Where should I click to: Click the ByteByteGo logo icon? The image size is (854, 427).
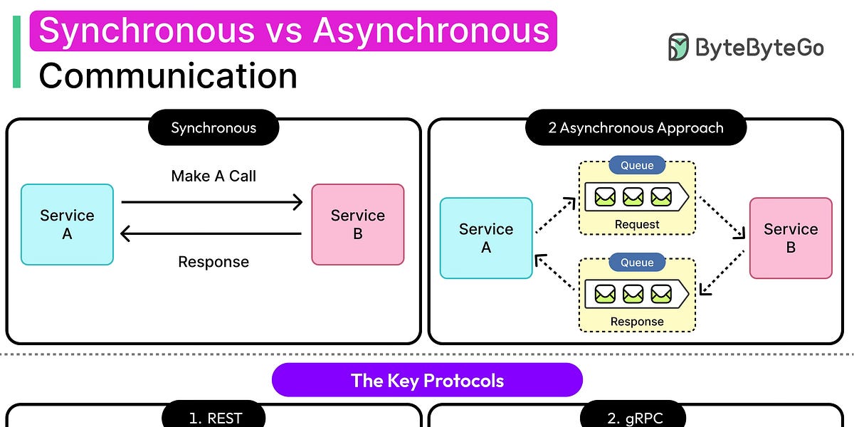point(678,47)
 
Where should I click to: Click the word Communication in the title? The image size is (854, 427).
point(168,75)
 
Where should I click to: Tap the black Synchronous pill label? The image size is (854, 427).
point(213,128)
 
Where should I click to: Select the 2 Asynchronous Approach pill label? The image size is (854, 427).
point(636,128)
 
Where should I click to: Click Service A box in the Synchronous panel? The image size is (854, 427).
point(67,224)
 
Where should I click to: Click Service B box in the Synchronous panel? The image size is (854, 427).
point(357,224)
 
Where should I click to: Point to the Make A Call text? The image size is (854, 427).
point(213,176)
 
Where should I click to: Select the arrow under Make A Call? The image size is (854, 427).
point(212,203)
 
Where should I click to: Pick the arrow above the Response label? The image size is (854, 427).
point(212,233)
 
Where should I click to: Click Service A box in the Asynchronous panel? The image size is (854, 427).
point(486,238)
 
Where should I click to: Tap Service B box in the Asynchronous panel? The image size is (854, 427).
point(790,238)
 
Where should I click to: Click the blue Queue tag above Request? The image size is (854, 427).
point(637,165)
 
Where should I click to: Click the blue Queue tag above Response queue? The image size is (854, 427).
point(637,262)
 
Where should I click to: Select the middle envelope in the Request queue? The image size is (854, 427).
point(633,196)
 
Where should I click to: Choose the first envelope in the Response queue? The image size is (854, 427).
point(605,293)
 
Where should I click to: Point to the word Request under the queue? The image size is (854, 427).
point(637,224)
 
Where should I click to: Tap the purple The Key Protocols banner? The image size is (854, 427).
point(427,380)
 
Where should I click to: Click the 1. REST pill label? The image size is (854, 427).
point(213,417)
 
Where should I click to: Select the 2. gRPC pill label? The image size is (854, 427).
point(633,417)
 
